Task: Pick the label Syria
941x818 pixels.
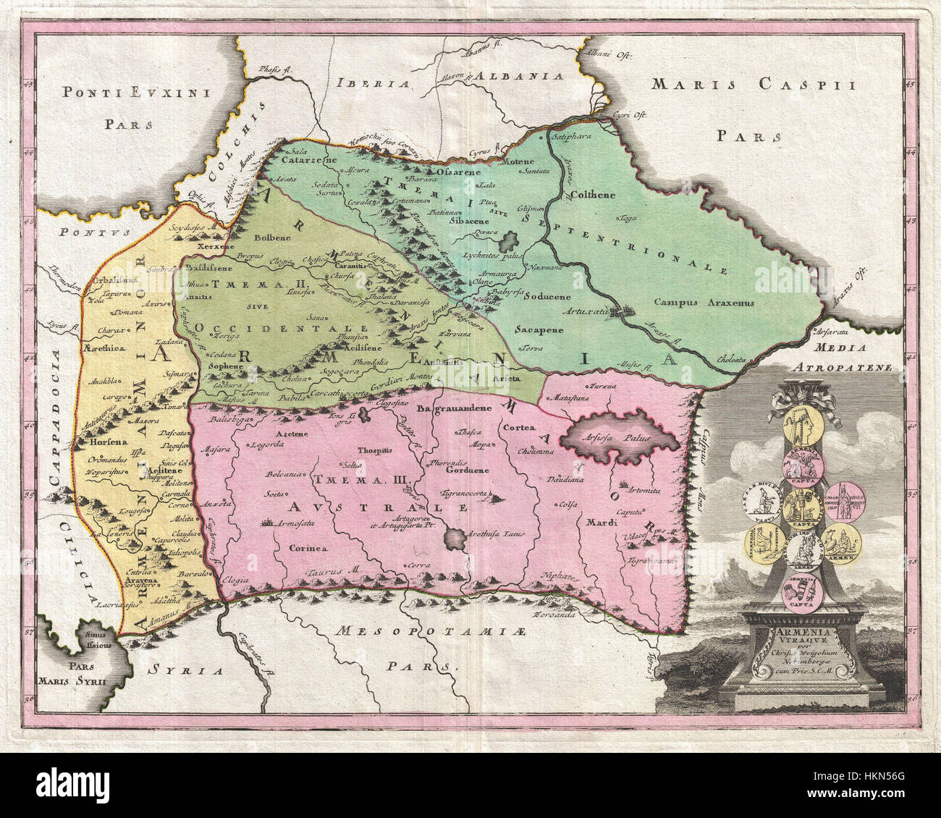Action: (x=182, y=670)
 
